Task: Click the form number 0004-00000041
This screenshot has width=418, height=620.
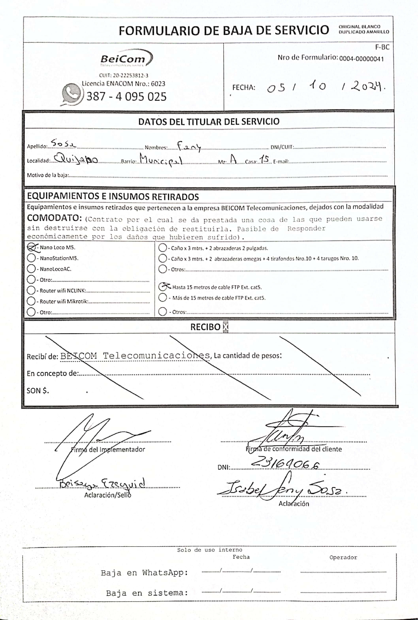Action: click(x=361, y=59)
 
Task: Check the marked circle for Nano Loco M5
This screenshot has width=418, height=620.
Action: click(x=31, y=247)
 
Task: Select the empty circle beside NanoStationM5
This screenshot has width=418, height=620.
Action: click(x=31, y=258)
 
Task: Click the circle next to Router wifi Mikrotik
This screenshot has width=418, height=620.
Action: click(x=31, y=301)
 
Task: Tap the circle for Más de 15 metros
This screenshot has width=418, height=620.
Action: click(x=163, y=298)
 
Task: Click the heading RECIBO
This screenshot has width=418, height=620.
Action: click(x=205, y=327)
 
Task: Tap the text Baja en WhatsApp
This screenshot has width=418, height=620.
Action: click(x=144, y=573)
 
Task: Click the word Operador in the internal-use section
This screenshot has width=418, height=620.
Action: click(x=343, y=557)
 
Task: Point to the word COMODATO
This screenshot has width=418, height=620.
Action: click(x=54, y=218)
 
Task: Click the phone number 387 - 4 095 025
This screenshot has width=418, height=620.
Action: click(x=126, y=96)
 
